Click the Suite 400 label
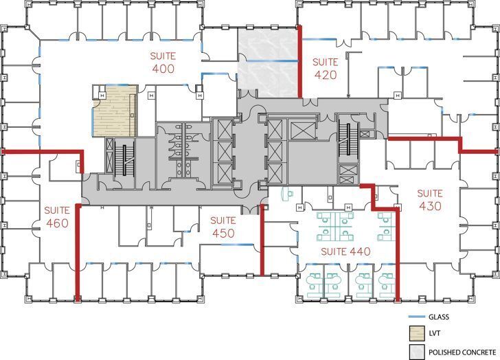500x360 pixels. click(x=164, y=62)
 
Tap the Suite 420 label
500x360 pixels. click(x=326, y=68)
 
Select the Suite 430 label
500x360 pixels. click(x=430, y=200)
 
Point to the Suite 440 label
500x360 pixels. click(x=346, y=252)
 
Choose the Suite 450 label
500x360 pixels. click(x=223, y=227)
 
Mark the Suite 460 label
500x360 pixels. click(x=58, y=216)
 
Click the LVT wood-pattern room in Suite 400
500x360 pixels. click(x=115, y=114)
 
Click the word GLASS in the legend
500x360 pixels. click(x=441, y=317)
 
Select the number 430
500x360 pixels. click(x=430, y=206)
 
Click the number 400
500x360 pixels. click(x=164, y=69)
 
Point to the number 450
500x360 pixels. click(x=223, y=234)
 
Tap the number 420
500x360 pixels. click(x=326, y=75)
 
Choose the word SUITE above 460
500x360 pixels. click(x=58, y=210)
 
